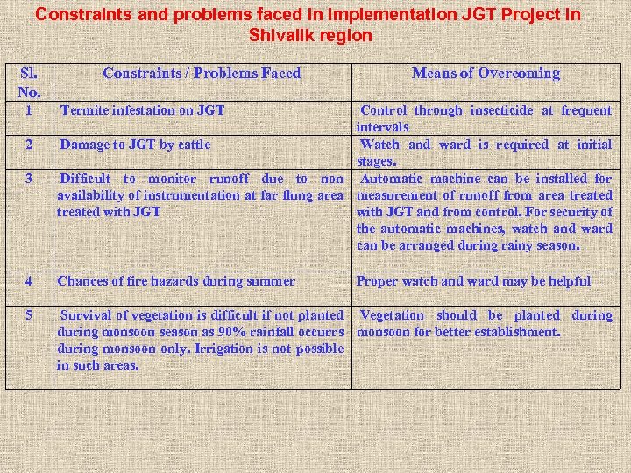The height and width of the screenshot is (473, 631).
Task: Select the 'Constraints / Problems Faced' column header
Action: click(x=202, y=74)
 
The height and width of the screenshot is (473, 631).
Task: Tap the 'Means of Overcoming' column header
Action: click(x=486, y=74)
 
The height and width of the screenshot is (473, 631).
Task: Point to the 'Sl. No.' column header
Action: click(x=29, y=81)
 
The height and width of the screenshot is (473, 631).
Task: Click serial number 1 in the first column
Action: click(x=29, y=111)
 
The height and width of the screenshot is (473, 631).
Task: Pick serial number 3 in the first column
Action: click(x=29, y=179)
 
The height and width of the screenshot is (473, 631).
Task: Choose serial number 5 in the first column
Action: click(x=29, y=315)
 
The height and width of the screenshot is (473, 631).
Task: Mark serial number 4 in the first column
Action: click(x=29, y=281)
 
